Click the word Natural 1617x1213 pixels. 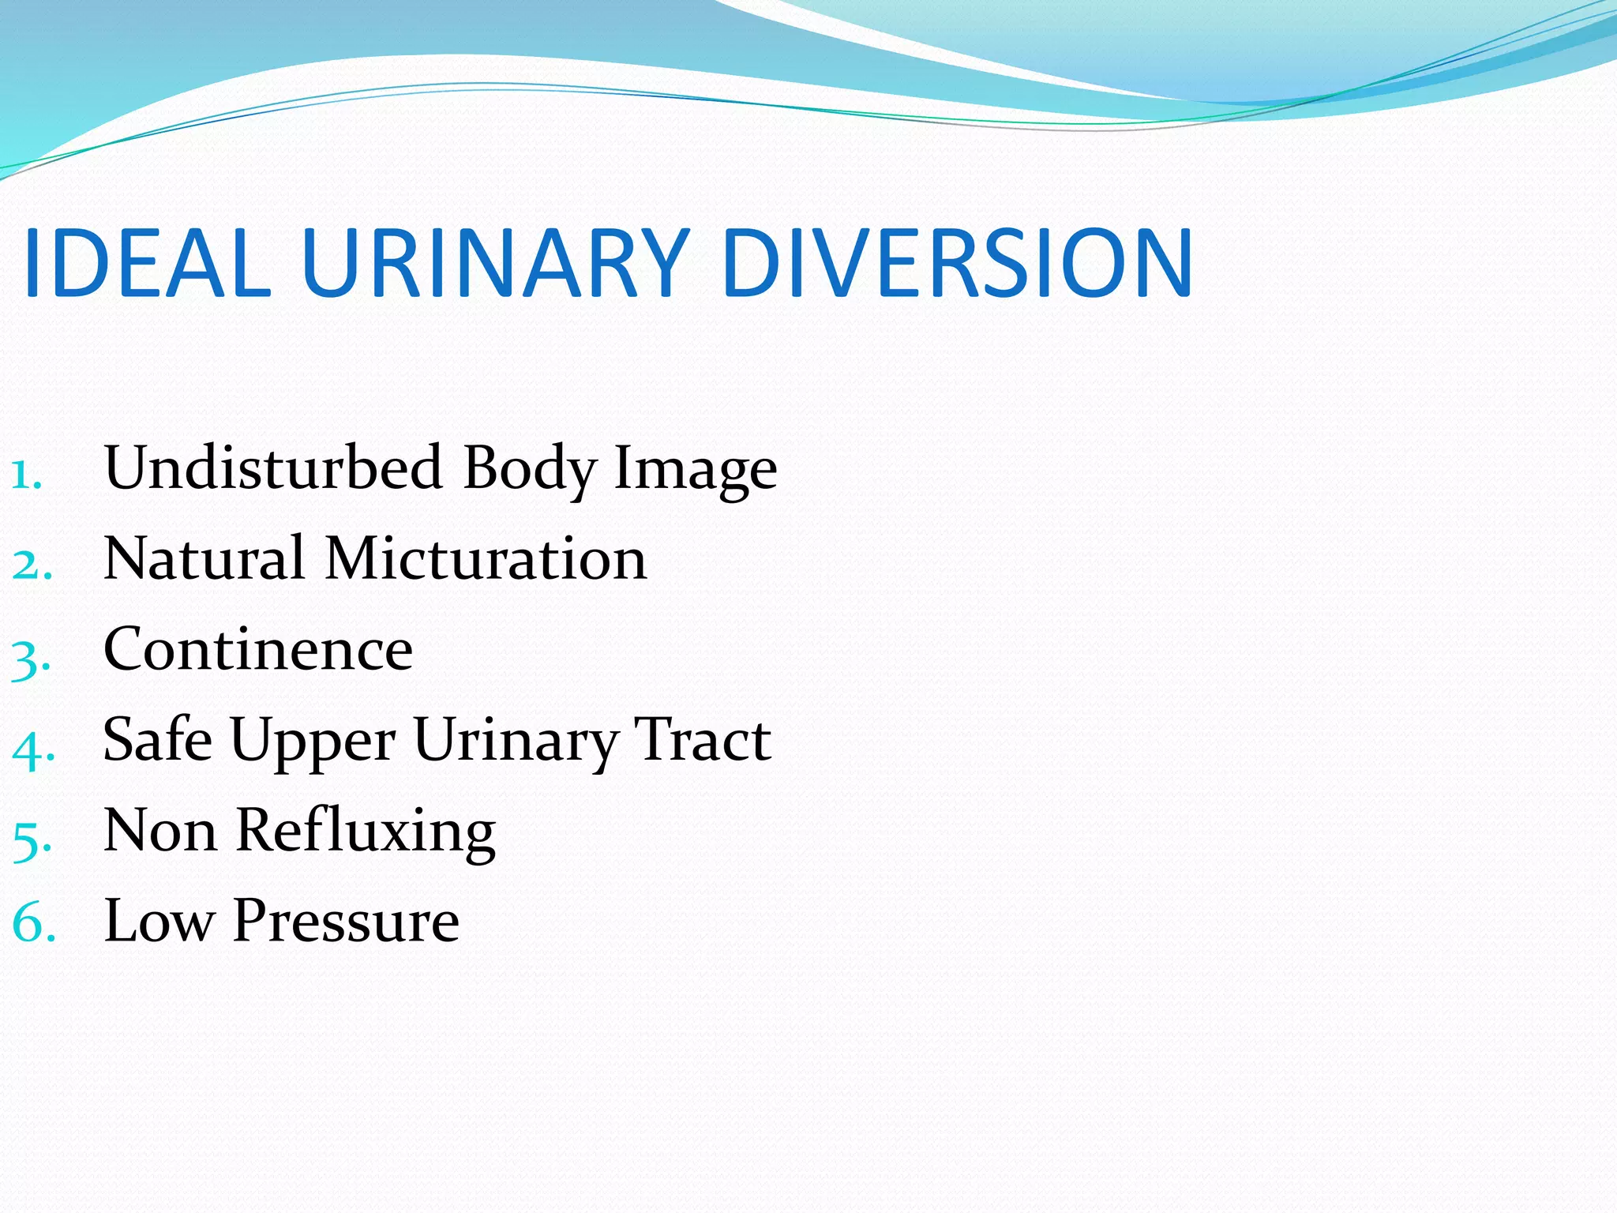[204, 558]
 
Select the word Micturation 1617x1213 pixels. [486, 558]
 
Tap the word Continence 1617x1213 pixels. [258, 649]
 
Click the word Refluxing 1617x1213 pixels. [366, 832]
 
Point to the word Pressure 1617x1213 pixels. [346, 921]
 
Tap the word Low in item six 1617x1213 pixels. [159, 921]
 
